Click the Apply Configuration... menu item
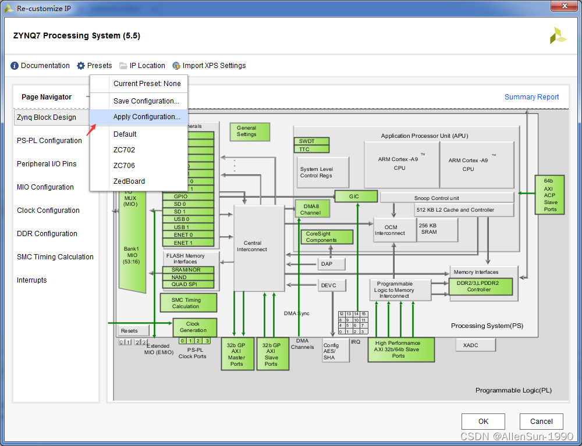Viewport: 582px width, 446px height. click(x=147, y=117)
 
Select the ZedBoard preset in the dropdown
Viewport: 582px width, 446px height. click(x=129, y=181)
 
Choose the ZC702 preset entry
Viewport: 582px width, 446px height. click(x=124, y=150)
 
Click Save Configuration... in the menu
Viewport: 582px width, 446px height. click(x=146, y=101)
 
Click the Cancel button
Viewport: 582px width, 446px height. click(x=541, y=422)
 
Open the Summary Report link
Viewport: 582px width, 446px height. click(x=531, y=97)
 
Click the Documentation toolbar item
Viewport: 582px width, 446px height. click(x=40, y=66)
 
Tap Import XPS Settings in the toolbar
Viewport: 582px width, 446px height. click(x=209, y=66)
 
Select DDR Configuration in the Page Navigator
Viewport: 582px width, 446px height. click(x=47, y=234)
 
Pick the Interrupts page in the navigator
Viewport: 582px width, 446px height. click(x=32, y=280)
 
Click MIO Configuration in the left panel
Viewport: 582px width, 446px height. click(x=45, y=187)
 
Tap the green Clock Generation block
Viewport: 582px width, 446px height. click(x=193, y=327)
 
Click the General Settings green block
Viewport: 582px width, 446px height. click(x=250, y=132)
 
